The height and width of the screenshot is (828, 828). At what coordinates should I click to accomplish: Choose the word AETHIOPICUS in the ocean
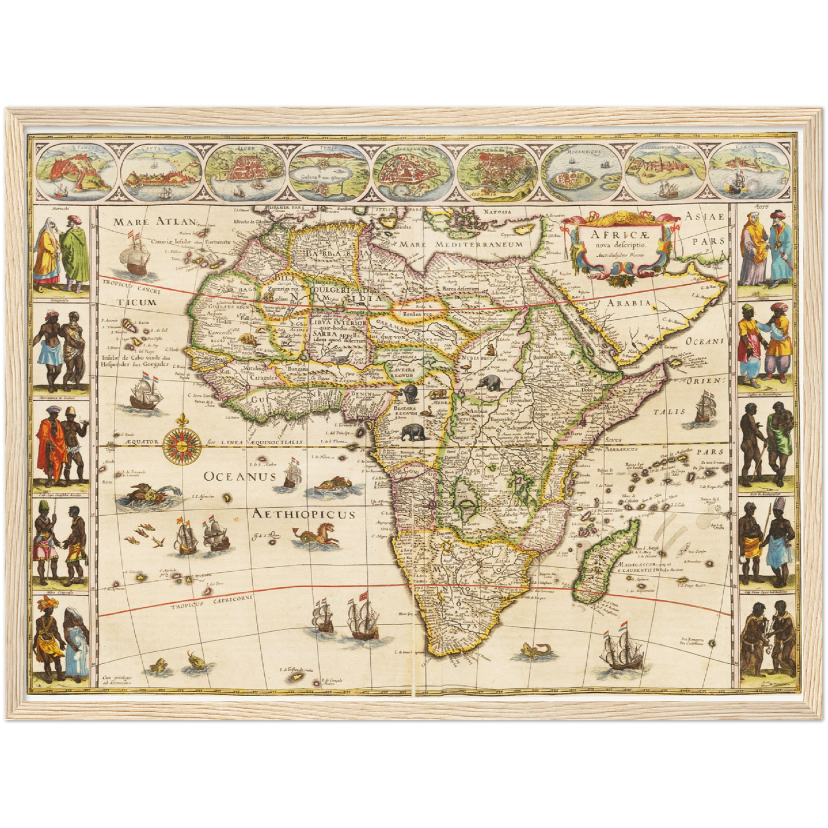pos(304,514)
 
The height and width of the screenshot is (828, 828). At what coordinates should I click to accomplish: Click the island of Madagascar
pos(607,562)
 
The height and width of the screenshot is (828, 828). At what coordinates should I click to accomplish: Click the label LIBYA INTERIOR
pos(339,323)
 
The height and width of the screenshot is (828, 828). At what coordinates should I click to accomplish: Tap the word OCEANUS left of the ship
pos(240,476)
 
